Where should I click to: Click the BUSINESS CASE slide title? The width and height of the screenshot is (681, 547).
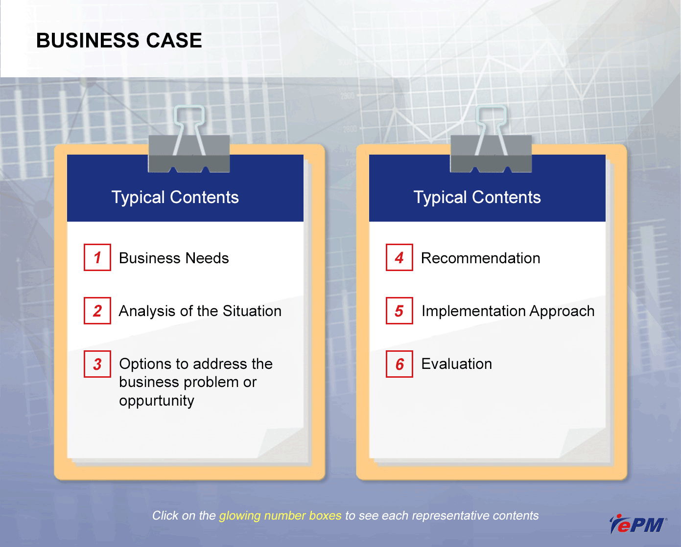coord(119,41)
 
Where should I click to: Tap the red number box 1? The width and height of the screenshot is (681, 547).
coord(97,257)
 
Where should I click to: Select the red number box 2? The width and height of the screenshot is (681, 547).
coord(97,311)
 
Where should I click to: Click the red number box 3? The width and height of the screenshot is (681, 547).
coord(97,364)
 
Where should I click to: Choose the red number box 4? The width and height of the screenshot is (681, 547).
coord(399,257)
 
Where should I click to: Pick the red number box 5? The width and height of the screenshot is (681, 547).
coord(399,311)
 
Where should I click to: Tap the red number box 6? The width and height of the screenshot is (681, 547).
coord(399,364)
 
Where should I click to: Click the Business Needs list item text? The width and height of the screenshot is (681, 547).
coord(174,258)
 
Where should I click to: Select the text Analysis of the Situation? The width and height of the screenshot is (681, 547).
coord(200,311)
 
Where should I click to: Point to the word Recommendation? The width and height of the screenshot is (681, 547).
coord(481,258)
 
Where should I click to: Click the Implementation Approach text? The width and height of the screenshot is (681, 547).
coord(508,311)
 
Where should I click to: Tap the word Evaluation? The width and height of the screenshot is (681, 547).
coord(457,364)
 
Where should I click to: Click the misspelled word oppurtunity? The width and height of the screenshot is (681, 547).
coord(157,401)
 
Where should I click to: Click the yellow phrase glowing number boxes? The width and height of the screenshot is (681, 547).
coord(281,516)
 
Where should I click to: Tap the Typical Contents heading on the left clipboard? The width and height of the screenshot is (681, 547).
coord(175,197)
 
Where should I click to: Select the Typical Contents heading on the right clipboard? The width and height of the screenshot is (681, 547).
coord(477,197)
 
